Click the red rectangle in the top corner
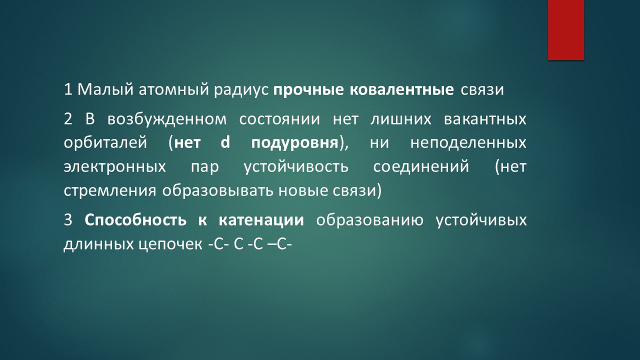point(565,29)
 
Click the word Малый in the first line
point(105,89)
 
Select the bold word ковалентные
point(401,89)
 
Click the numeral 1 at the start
point(68,89)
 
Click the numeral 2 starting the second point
point(68,119)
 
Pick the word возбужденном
point(167,119)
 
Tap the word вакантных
point(485,119)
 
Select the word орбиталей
point(105,142)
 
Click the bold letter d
point(225,142)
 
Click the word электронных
point(114,167)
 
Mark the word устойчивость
point(296,166)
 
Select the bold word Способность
point(135,220)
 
